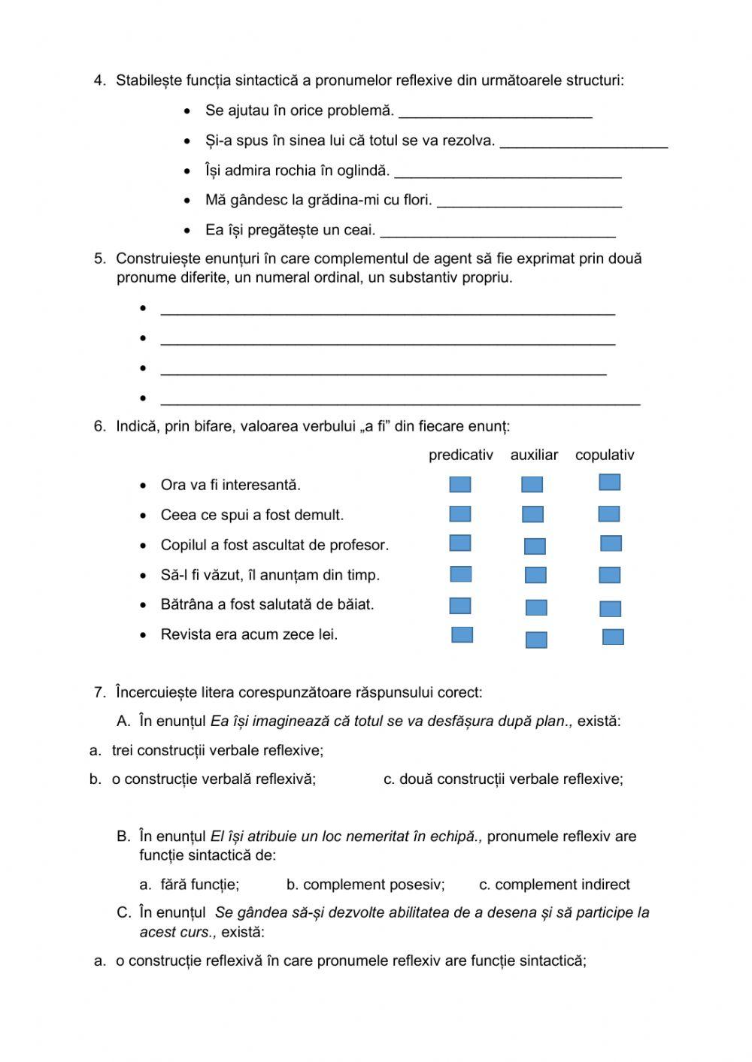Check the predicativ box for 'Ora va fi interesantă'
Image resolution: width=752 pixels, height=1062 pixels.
pos(459,485)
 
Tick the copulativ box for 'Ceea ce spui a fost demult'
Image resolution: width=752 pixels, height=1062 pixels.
pos(608,514)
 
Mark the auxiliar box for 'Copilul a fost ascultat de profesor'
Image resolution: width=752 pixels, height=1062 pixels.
pos(535,546)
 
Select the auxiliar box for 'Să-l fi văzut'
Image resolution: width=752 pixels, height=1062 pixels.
pos(535,576)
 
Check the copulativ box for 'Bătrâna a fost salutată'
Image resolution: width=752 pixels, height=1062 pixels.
pos(610,609)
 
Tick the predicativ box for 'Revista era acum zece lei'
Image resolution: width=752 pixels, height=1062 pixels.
pos(462,635)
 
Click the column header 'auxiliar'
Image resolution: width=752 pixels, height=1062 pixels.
pos(534,455)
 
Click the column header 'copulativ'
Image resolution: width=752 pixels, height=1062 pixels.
pos(605,455)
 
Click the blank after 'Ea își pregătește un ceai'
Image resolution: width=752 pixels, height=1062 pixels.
pos(498,231)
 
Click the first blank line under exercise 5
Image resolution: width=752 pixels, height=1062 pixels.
pos(387,310)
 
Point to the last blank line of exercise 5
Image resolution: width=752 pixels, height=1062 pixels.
pos(400,400)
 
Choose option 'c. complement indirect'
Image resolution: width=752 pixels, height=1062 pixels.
pos(554,885)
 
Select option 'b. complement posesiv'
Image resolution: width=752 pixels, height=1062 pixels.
pos(365,885)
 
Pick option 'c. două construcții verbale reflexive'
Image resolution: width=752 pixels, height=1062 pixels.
pos(503,779)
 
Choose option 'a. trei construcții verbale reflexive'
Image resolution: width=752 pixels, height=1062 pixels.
pos(206,750)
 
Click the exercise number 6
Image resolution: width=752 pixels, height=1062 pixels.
pos(99,426)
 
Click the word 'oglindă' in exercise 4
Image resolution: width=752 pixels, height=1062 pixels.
pos(363,171)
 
